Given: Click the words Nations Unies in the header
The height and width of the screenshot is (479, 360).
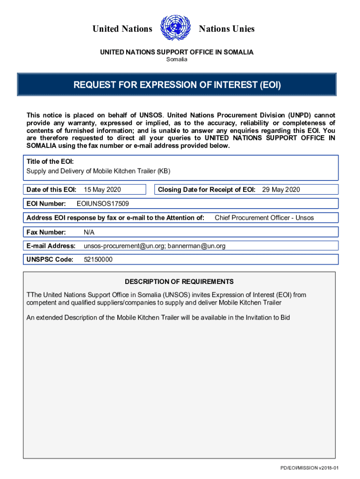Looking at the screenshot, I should tap(227, 29).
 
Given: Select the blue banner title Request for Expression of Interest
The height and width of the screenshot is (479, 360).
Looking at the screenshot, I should tap(177, 85).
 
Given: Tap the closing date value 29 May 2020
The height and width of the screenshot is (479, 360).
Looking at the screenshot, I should tap(281, 189).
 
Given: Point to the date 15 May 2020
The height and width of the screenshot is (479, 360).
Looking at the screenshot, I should tap(102, 189).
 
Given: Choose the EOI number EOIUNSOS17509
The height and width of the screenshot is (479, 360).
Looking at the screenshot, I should tap(103, 203).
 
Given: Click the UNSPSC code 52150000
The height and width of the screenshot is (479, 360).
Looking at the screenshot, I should tap(98, 260).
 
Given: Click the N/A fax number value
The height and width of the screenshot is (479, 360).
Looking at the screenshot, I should tap(89, 232).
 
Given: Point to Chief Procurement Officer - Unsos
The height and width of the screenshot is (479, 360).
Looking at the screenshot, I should tap(264, 218).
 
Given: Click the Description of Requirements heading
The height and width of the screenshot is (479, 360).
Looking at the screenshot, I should tap(179, 282).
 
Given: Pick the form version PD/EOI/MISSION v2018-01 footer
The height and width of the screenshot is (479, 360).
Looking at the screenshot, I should tap(309, 468).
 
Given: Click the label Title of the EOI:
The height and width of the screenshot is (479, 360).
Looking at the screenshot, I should tap(50, 161).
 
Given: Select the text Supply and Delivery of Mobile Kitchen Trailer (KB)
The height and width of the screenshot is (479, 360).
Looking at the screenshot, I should tap(99, 171).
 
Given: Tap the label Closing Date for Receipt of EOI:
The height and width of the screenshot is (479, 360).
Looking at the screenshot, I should tap(206, 189).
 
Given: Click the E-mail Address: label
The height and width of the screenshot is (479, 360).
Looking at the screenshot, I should tap(51, 246).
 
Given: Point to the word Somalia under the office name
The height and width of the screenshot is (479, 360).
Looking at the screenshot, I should tap(177, 60).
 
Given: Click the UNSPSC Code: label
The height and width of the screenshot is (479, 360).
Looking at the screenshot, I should tap(50, 260).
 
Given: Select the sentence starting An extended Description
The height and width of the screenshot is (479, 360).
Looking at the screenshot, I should tap(158, 318).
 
